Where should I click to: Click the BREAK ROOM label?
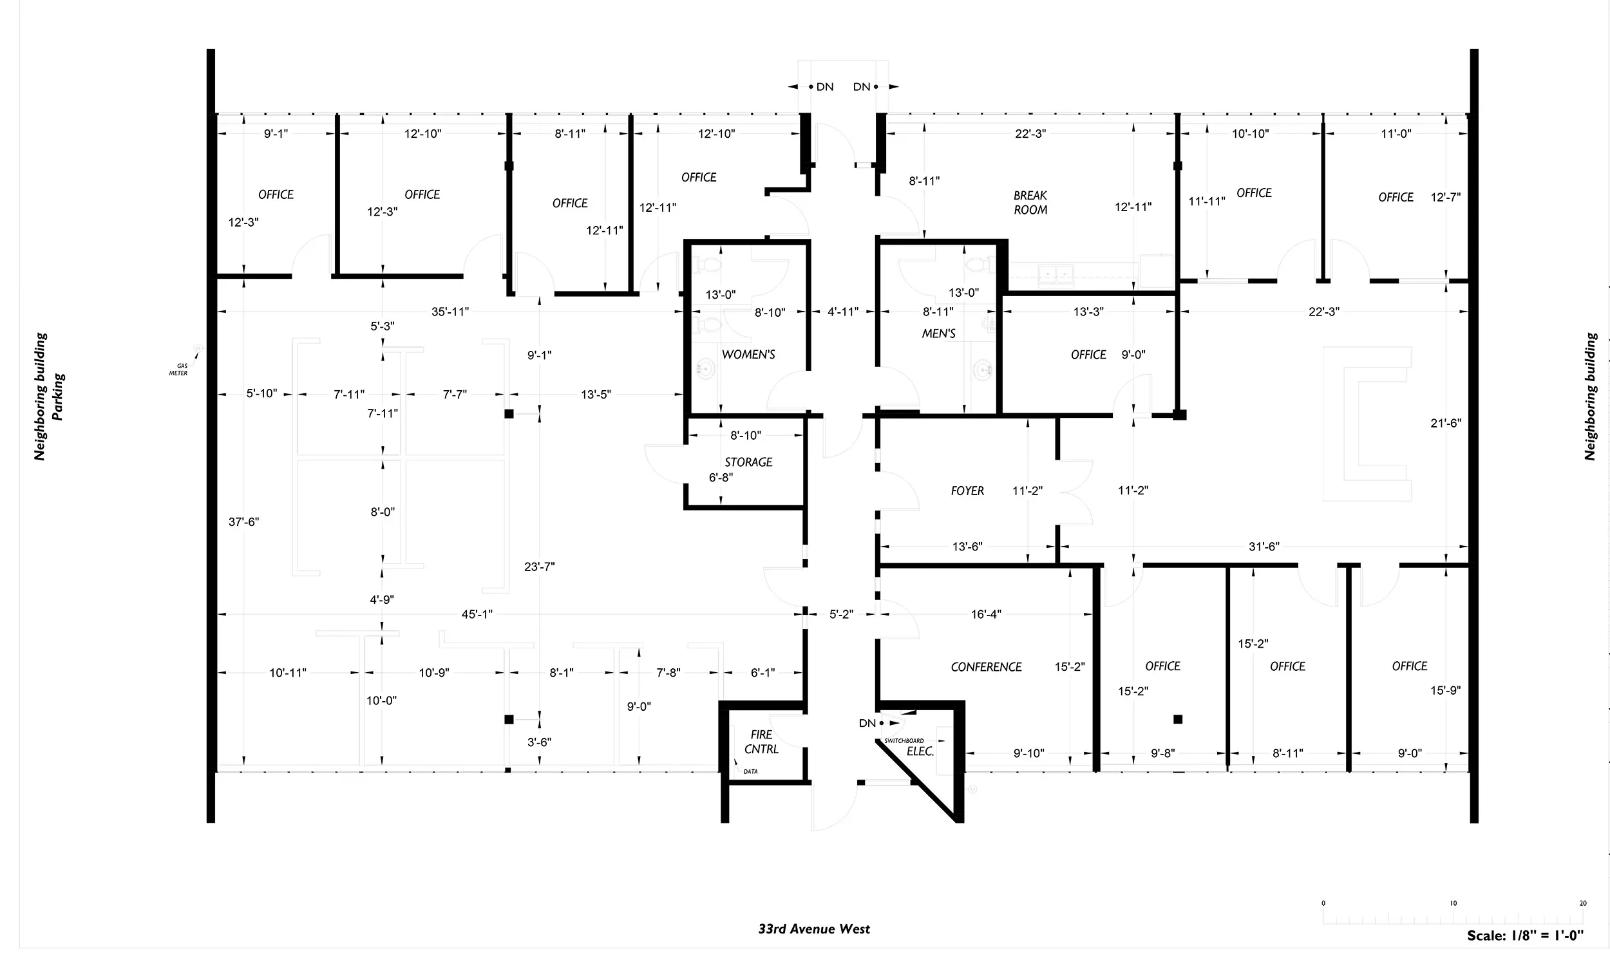[x=1030, y=203]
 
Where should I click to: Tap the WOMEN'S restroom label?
[x=748, y=355]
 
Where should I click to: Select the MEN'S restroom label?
[x=938, y=333]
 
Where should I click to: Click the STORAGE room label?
[x=748, y=462]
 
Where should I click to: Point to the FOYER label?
[x=967, y=491]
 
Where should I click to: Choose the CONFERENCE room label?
[x=986, y=666]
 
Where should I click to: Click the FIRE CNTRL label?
[x=761, y=742]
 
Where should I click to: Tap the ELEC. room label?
[x=920, y=751]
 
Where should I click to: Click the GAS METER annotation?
[x=179, y=370]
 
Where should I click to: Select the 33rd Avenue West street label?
[x=814, y=928]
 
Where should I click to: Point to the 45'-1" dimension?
[x=477, y=614]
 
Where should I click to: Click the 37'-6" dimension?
[x=244, y=521]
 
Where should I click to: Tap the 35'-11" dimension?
[x=450, y=312]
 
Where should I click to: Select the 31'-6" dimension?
[x=1264, y=547]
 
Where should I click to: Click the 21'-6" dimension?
[x=1446, y=423]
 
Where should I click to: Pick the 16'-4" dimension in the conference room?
[x=986, y=614]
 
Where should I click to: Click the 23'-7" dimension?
[x=540, y=567]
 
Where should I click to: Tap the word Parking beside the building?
[x=59, y=397]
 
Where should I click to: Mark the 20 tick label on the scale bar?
[x=1582, y=903]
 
